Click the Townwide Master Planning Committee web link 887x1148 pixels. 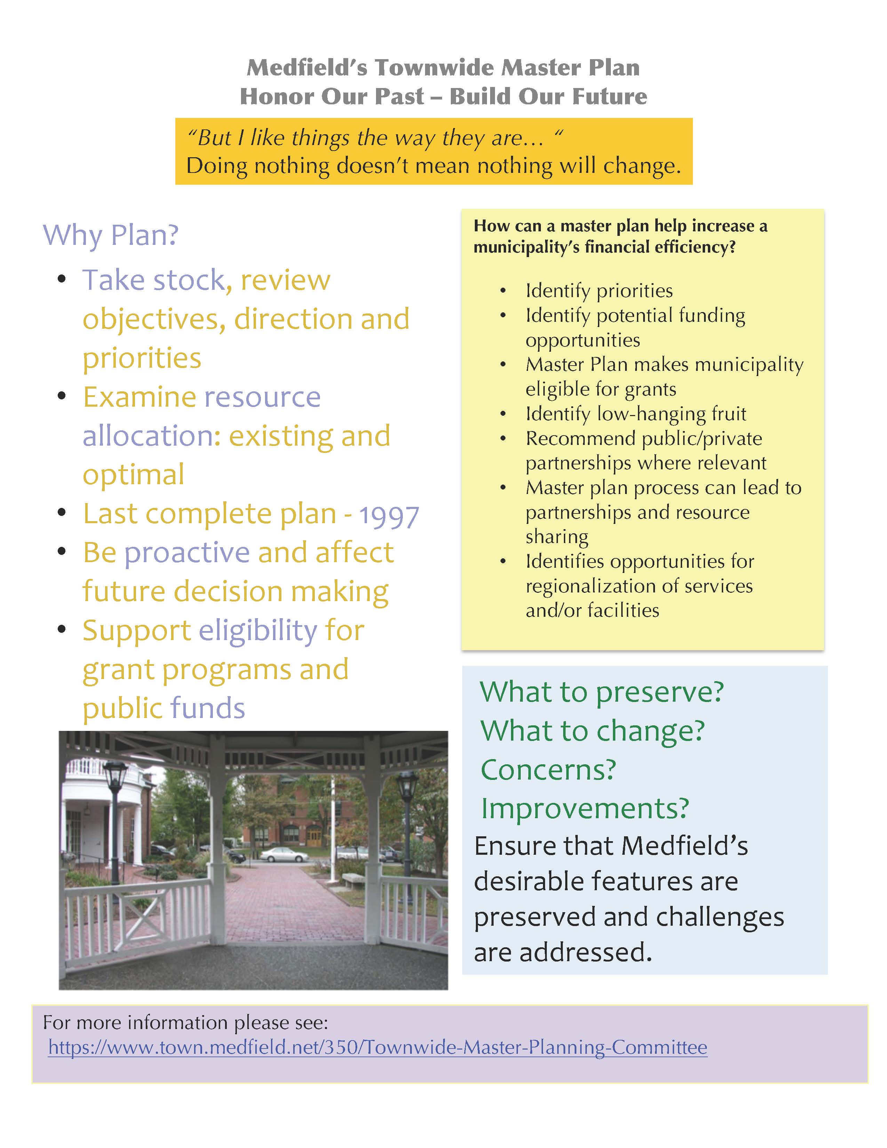click(377, 1047)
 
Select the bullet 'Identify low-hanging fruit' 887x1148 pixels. click(636, 414)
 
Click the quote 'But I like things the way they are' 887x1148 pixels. click(362, 138)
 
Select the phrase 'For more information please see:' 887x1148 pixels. click(185, 1022)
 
